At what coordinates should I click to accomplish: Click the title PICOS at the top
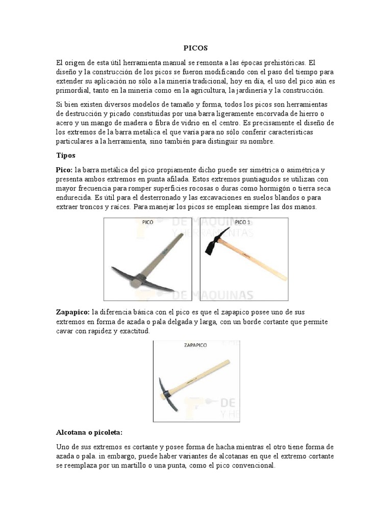point(196,48)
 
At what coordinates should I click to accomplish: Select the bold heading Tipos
point(65,155)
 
